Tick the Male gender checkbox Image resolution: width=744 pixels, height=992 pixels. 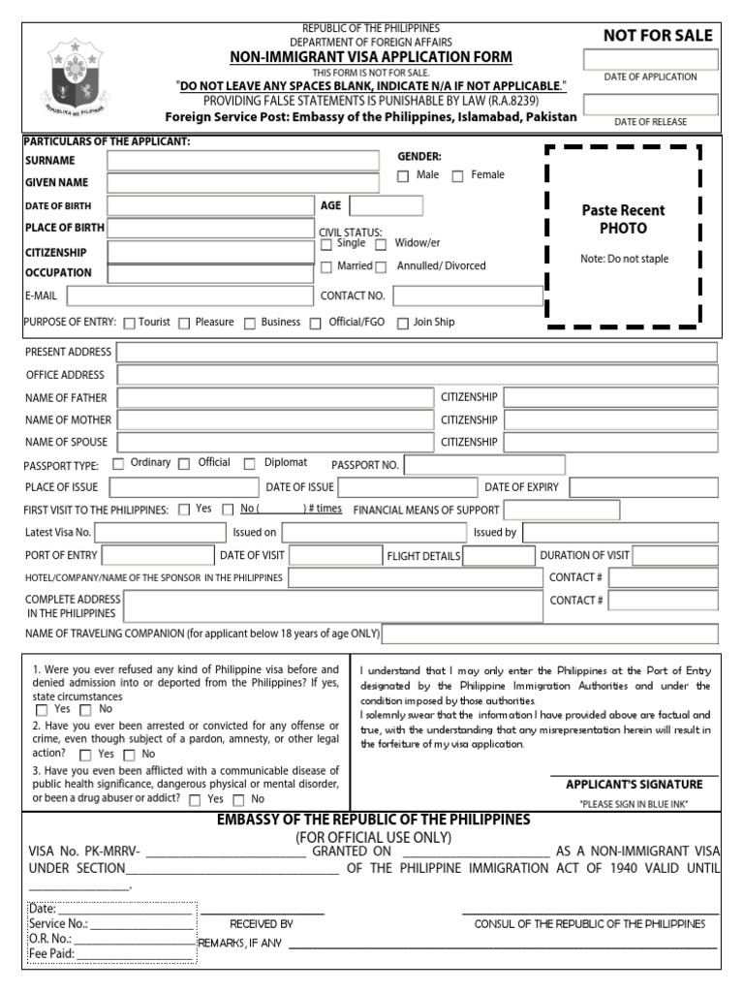[403, 176]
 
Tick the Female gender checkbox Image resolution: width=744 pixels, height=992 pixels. [458, 176]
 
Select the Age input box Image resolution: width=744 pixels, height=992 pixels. [386, 205]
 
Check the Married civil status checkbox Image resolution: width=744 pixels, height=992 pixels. [326, 267]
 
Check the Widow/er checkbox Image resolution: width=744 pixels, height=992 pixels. [381, 245]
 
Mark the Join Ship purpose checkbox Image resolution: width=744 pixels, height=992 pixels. [403, 324]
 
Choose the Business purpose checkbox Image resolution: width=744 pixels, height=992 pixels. [250, 324]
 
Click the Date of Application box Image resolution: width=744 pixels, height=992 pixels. [650, 59]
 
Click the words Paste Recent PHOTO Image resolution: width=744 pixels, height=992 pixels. [623, 219]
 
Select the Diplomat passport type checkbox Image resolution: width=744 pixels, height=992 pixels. [250, 464]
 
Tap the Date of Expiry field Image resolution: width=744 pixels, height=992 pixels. [644, 487]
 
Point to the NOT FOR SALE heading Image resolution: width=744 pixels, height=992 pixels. [658, 36]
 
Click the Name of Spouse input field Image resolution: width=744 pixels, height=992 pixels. [275, 443]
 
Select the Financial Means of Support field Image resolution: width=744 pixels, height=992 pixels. [548, 511]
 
